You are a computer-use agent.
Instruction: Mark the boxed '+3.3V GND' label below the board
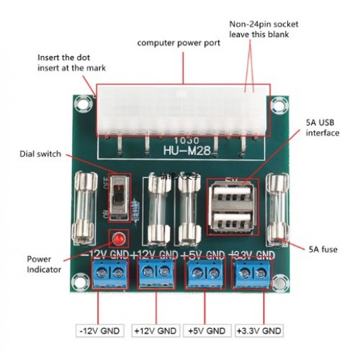click(259, 331)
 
